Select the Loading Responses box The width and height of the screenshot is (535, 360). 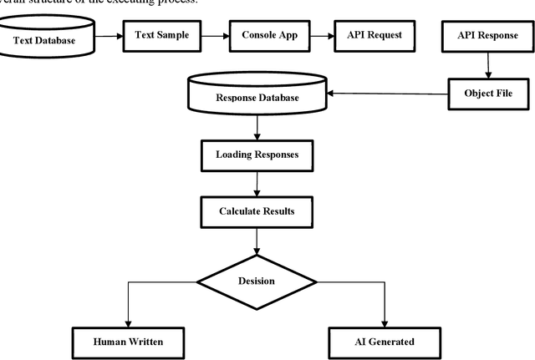[x=257, y=155]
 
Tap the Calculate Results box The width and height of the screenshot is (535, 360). [x=257, y=210]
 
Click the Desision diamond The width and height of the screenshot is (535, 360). [x=257, y=281]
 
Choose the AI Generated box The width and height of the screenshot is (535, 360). [x=385, y=342]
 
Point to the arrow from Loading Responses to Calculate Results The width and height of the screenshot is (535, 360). [x=257, y=183]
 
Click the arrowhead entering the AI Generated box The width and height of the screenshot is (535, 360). [x=385, y=324]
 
